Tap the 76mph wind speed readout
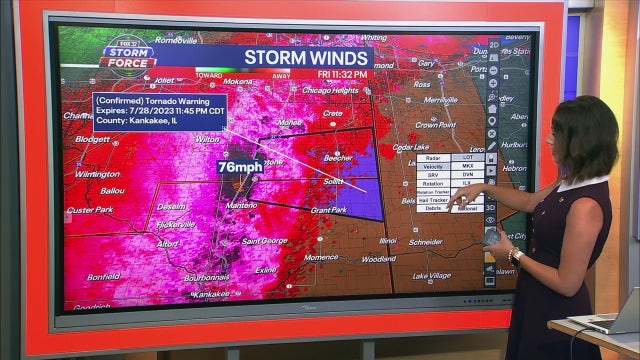click(x=240, y=167)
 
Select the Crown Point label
click(x=436, y=125)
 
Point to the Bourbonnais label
click(x=207, y=277)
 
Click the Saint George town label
click(x=265, y=240)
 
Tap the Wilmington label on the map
click(x=97, y=174)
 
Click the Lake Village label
click(x=431, y=275)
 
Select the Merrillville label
click(x=440, y=100)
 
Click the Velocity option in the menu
click(x=433, y=167)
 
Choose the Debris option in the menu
click(x=433, y=208)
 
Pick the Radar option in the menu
click(x=433, y=158)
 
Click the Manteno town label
click(x=241, y=205)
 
